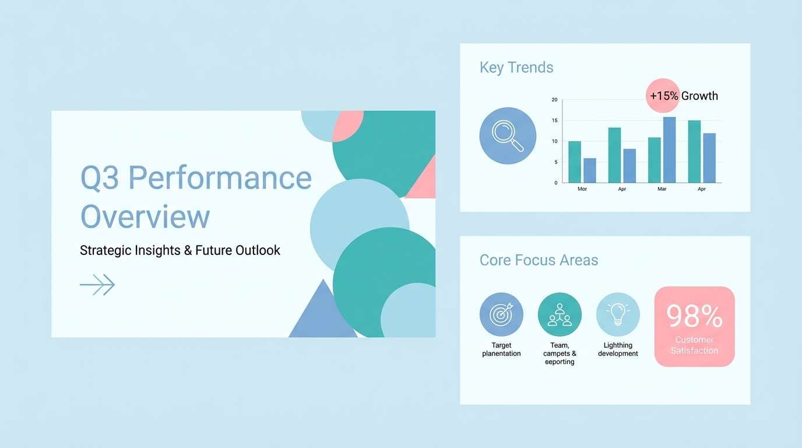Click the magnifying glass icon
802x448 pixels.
coord(508,136)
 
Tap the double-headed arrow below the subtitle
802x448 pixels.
coord(97,285)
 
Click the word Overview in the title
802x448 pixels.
coord(145,216)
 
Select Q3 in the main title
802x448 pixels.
coord(100,178)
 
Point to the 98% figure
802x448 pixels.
coord(694,316)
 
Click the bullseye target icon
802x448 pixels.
coord(501,314)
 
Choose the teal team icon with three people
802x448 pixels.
coord(560,314)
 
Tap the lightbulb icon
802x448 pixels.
coord(618,314)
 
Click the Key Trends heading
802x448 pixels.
coord(516,68)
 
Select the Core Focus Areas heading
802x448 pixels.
coord(539,260)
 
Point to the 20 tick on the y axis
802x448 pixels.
coord(555,100)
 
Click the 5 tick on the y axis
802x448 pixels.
coord(556,162)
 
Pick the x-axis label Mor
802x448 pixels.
coord(582,189)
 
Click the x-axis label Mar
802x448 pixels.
coord(662,189)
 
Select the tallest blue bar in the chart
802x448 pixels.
coord(670,150)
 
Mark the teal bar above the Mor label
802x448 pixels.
coord(575,162)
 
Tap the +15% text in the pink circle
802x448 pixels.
coord(664,96)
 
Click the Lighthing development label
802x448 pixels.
coord(618,349)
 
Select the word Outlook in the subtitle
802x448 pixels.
coord(258,250)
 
